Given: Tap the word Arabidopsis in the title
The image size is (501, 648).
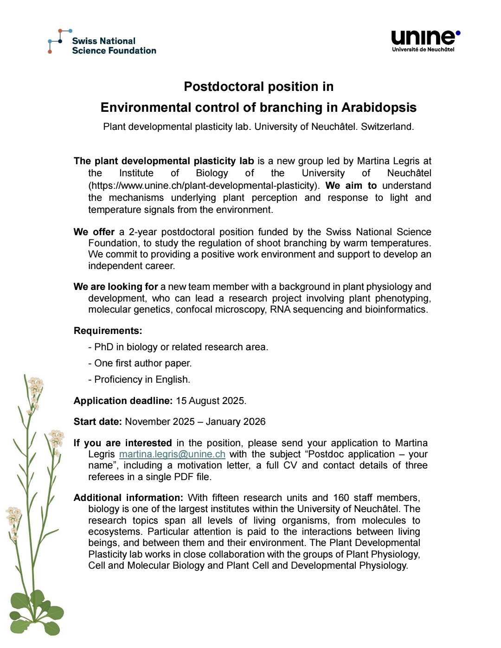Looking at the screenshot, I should point(379,108).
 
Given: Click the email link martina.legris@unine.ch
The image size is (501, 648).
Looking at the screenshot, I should point(172,454).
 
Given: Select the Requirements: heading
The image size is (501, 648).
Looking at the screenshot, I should point(108,331).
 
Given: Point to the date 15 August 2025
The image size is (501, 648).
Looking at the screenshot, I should point(211,401).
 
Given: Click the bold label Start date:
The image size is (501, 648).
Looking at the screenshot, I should point(97,422).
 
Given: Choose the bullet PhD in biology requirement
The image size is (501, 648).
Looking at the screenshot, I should point(179,347).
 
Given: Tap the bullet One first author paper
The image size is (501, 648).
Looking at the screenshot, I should point(141,363).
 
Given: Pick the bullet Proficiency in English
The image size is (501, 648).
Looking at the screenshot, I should point(140,379).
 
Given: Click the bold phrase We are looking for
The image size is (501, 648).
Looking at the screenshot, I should point(116,287).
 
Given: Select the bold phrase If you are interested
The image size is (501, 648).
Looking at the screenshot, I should point(122,443).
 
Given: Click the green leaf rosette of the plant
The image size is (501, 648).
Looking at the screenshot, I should point(35,612).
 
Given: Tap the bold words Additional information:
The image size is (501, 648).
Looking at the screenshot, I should point(128,498).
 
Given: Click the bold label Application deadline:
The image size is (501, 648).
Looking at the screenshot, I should point(123,401).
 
